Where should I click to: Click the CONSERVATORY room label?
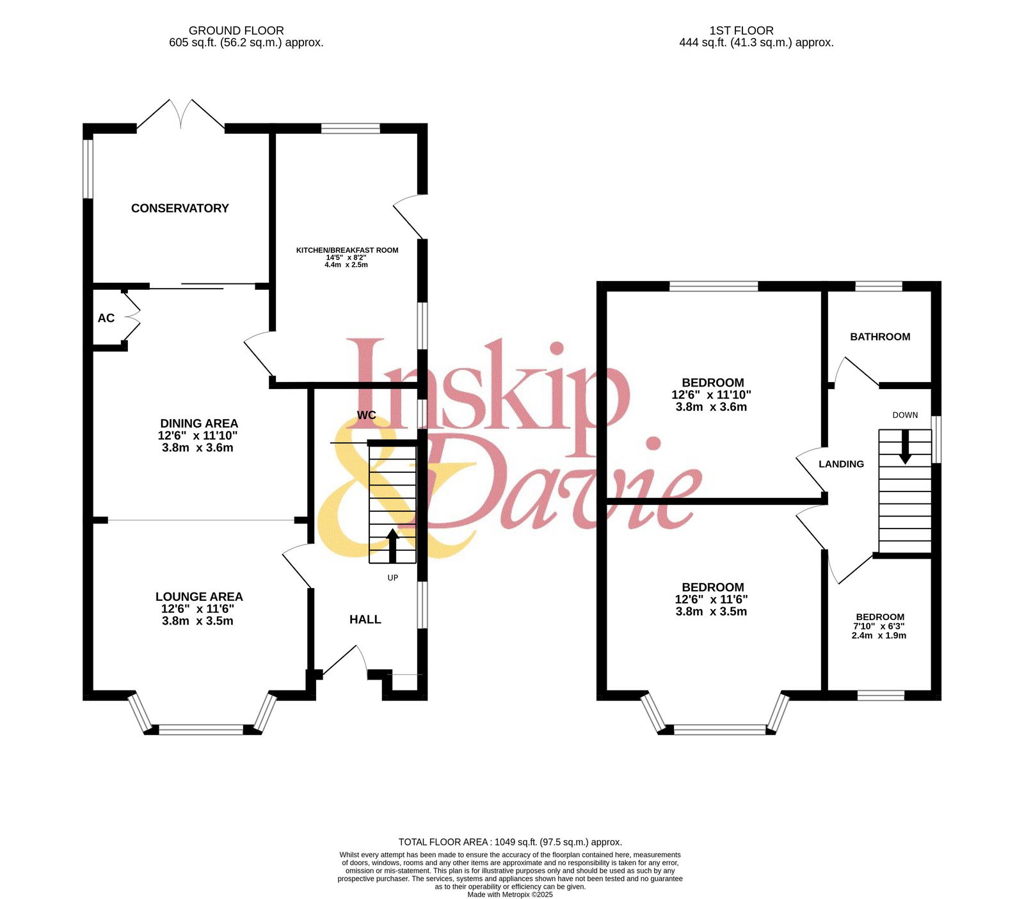(180, 208)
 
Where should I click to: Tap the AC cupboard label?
(106, 318)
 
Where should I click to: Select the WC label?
(366, 415)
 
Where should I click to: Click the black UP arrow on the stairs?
(393, 546)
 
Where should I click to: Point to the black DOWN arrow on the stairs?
(905, 447)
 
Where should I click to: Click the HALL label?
(365, 619)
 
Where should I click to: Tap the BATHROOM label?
(880, 337)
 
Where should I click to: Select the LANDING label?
(841, 464)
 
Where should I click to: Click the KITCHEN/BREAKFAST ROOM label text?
(347, 250)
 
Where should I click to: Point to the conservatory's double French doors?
(181, 115)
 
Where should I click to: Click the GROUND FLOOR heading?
(236, 30)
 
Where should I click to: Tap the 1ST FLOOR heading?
(741, 30)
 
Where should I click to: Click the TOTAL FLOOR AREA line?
(510, 842)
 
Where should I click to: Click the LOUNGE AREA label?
(199, 596)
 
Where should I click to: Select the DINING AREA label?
(199, 424)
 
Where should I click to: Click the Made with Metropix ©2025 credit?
(510, 895)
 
